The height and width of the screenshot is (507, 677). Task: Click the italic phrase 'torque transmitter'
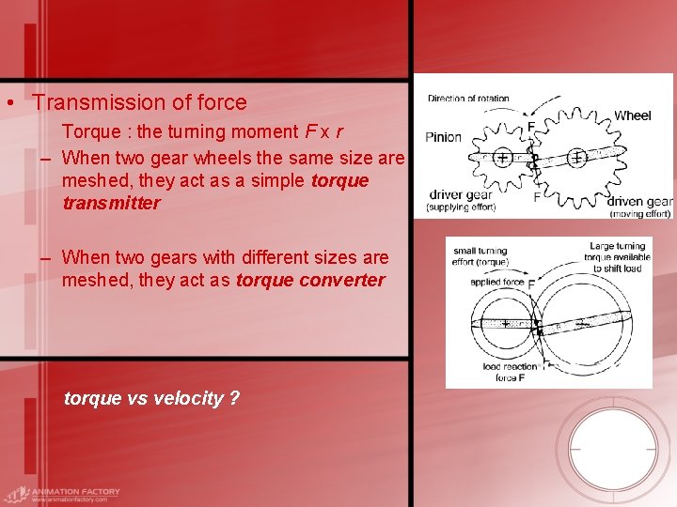coord(215,191)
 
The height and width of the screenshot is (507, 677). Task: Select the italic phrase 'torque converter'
coord(310,280)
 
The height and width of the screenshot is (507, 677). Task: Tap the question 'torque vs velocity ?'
coord(151,398)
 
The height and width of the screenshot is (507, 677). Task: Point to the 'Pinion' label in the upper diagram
coord(443,137)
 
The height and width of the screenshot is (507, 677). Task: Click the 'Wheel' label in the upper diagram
coord(632,115)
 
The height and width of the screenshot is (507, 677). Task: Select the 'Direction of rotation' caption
coord(468,99)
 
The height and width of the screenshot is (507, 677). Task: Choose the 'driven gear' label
coord(639,201)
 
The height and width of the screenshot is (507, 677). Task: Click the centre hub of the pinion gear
coord(503,159)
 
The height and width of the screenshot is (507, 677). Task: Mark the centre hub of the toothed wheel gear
coord(575,158)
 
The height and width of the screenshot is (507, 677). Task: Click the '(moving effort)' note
coord(639,213)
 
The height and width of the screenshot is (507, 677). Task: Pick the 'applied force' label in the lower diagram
coord(497,282)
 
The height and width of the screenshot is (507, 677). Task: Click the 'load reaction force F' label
coord(509,372)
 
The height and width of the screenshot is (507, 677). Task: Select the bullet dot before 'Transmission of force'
coord(8,103)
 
